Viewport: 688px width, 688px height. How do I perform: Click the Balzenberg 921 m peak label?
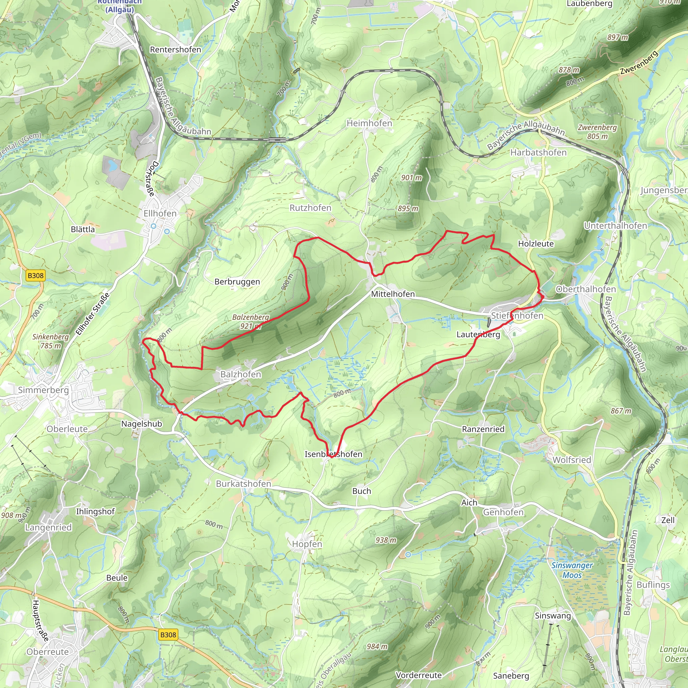(251, 321)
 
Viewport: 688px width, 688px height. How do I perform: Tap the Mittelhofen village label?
(393, 294)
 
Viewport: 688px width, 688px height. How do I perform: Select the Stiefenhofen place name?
(517, 315)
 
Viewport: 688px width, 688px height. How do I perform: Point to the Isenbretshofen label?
(333, 454)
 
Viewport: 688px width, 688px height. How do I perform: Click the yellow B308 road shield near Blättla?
(36, 275)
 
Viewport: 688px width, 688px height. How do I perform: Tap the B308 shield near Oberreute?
(168, 635)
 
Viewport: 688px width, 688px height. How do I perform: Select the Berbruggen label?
(237, 282)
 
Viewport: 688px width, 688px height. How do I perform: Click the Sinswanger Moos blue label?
(572, 570)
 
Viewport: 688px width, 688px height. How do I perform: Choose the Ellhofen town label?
(160, 213)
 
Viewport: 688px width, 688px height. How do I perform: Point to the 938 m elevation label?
(386, 540)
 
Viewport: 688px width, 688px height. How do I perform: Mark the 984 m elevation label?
(377, 647)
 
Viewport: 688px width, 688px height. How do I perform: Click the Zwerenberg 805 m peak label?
(597, 132)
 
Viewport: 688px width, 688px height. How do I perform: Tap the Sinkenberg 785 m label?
(51, 341)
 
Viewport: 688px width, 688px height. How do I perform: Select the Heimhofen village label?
(369, 123)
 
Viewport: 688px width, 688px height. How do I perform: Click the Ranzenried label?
(483, 429)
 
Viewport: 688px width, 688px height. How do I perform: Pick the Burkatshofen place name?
(244, 484)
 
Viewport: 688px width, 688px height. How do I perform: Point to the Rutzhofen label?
(310, 208)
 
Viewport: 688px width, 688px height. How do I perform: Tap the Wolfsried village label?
(571, 460)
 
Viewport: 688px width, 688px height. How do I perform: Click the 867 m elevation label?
(621, 411)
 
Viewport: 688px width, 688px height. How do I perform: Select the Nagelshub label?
(141, 424)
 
